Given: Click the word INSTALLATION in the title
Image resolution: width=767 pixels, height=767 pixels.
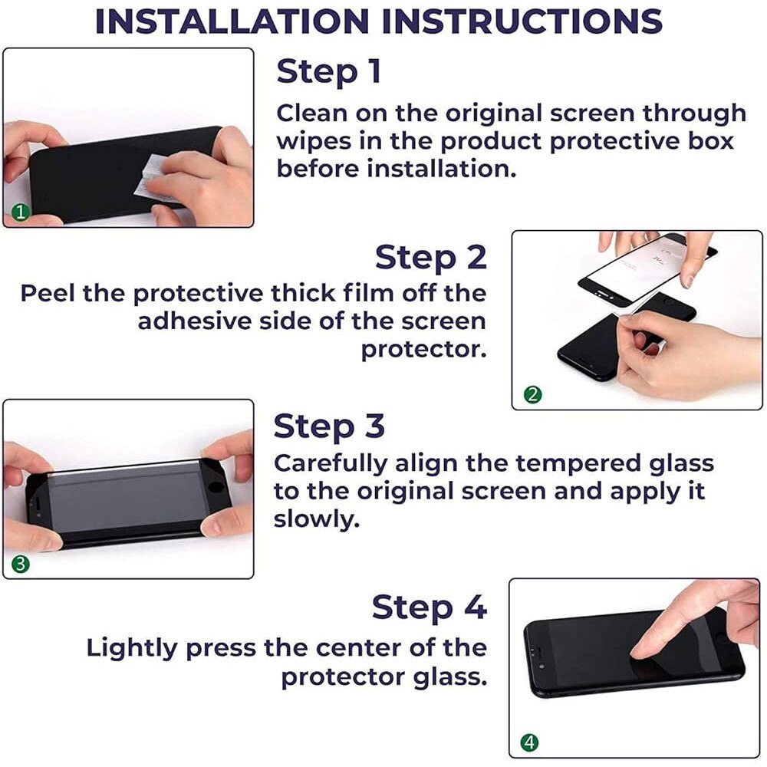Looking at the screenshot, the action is click(x=232, y=21).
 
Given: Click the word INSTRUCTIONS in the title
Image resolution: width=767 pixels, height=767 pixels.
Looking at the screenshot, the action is click(x=522, y=21).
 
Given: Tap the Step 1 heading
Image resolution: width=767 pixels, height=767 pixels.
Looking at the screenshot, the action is click(x=329, y=72).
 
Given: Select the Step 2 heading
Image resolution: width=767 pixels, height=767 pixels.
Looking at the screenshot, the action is click(x=431, y=257).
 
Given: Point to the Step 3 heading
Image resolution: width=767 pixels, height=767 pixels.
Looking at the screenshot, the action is click(x=329, y=426).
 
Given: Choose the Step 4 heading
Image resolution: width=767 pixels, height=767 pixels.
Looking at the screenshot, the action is click(x=430, y=607).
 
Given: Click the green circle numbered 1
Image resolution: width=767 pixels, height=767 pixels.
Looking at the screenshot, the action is click(x=21, y=212).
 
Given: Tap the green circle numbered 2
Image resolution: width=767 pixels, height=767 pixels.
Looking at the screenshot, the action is click(x=533, y=394).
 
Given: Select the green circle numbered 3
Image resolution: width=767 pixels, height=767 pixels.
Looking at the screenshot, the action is click(x=21, y=564).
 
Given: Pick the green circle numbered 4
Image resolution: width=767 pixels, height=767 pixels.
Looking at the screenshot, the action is click(x=530, y=742).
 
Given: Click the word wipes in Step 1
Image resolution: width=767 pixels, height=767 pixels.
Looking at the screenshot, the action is click(x=314, y=142).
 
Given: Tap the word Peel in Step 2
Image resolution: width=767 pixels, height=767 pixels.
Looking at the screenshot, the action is click(x=47, y=294).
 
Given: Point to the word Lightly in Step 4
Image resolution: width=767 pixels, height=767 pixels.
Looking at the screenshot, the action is click(x=132, y=649).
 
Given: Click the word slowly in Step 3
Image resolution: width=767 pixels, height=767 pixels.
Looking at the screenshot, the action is click(x=316, y=519).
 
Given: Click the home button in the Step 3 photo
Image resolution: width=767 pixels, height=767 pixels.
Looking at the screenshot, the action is click(x=215, y=487).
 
